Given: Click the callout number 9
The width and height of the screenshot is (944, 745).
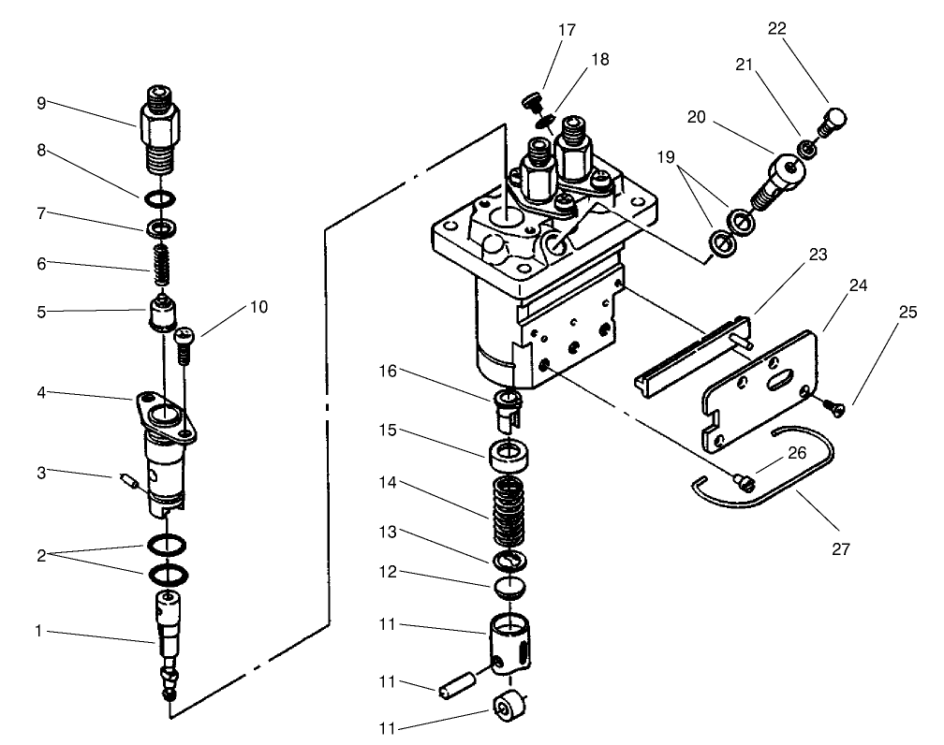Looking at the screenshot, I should pyautogui.click(x=40, y=103).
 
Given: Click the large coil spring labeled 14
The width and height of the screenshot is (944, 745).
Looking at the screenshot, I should pyautogui.click(x=509, y=512).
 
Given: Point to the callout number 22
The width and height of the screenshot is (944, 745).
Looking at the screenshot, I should pyautogui.click(x=776, y=29).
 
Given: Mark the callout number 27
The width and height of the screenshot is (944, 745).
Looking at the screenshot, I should pyautogui.click(x=840, y=548).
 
